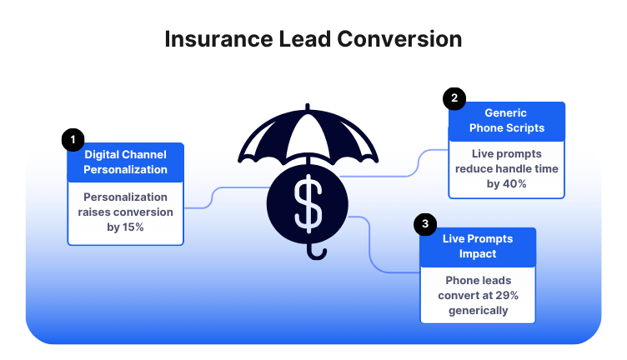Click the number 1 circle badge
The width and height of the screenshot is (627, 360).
(73, 138)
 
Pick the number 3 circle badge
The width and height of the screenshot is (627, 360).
(425, 223)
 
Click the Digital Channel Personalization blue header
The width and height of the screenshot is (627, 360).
(125, 162)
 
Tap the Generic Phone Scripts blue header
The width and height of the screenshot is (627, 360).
(506, 121)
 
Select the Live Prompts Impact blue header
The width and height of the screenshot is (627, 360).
(478, 246)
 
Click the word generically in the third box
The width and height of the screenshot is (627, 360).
(478, 311)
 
